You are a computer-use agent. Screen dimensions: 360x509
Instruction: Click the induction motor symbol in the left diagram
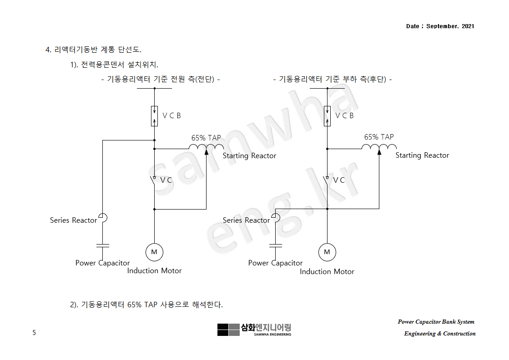tap(154, 252)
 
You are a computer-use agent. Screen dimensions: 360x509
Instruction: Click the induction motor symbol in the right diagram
tap(327, 252)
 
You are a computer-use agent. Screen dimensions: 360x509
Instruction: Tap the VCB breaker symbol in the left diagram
tap(155, 115)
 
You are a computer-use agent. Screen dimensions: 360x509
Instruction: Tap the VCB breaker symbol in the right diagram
tap(328, 115)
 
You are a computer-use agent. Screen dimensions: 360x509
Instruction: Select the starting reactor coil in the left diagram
tap(206, 147)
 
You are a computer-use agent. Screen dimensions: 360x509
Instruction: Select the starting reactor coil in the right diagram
tap(379, 147)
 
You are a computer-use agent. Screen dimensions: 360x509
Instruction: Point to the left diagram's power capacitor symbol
tap(103, 245)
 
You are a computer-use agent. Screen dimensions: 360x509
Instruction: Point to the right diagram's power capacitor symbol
tap(276, 245)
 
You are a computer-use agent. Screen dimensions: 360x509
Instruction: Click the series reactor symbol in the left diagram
tap(103, 218)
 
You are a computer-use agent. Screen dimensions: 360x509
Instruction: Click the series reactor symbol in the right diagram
tap(276, 218)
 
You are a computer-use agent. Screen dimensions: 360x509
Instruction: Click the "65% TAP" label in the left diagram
tap(206, 138)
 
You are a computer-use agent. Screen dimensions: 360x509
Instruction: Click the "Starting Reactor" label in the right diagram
tap(422, 155)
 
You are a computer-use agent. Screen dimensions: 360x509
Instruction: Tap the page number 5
tap(34, 333)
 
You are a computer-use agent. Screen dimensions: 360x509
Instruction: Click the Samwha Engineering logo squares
tap(228, 330)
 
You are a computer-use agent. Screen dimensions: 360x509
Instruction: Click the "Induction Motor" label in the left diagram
tap(154, 271)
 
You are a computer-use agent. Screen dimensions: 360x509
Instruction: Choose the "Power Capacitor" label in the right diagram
tap(275, 263)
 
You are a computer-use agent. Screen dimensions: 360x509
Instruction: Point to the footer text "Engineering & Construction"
tap(439, 334)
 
